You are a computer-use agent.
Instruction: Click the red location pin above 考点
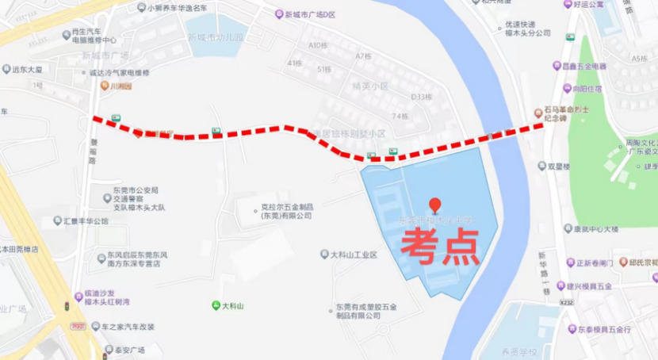[434, 205]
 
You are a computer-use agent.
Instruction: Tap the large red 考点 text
[439, 247]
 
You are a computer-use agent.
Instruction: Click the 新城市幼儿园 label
[216, 38]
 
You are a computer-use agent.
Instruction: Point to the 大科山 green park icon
[215, 305]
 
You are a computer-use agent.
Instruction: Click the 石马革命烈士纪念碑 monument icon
[538, 113]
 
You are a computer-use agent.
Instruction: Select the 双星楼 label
[559, 167]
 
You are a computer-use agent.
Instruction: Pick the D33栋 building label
[421, 97]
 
